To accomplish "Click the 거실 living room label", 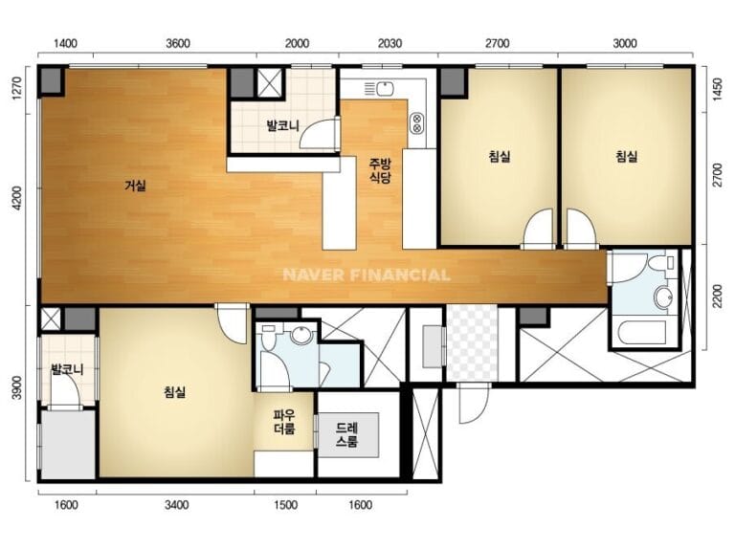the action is pyautogui.click(x=135, y=186).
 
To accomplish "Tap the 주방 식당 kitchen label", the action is pyautogui.click(x=380, y=170).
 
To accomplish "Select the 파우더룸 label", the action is pyautogui.click(x=284, y=422).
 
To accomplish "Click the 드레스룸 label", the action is pyautogui.click(x=347, y=434).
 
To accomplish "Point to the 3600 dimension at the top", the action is pyautogui.click(x=178, y=44).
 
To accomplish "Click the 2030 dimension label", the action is pyautogui.click(x=390, y=44).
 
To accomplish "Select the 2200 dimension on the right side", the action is pyautogui.click(x=717, y=297).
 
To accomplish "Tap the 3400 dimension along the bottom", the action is pyautogui.click(x=177, y=505).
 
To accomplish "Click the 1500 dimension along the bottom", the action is pyautogui.click(x=285, y=505).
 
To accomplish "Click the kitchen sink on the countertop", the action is pyautogui.click(x=380, y=89).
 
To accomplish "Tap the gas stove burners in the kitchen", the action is pyautogui.click(x=416, y=122).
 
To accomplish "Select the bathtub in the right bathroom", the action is pyautogui.click(x=642, y=333).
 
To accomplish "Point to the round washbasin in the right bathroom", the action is pyautogui.click(x=664, y=297).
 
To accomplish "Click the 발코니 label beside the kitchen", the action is pyautogui.click(x=282, y=125).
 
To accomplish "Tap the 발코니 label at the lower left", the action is pyautogui.click(x=68, y=369).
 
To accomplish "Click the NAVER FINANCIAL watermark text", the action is pyautogui.click(x=367, y=275).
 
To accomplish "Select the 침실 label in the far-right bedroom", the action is pyautogui.click(x=626, y=156).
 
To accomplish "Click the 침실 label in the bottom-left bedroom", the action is pyautogui.click(x=175, y=391).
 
